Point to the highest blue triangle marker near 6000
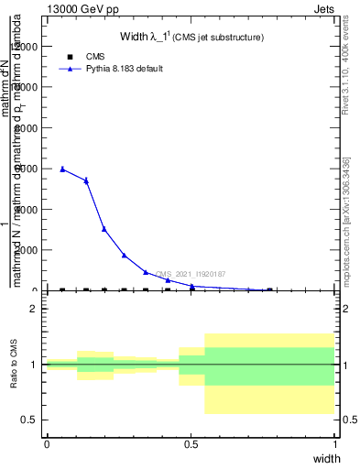(62, 169)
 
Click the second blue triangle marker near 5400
(86, 180)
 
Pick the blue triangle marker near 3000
(104, 229)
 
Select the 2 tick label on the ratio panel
(35, 309)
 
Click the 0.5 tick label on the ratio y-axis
(30, 420)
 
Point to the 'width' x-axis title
(326, 458)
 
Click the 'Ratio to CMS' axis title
(14, 364)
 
